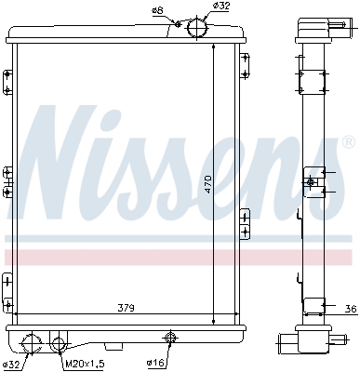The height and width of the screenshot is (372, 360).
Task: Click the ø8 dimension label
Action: (x=157, y=10)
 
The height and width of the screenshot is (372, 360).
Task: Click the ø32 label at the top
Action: (x=221, y=7)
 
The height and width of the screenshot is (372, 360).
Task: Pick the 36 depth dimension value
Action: (x=350, y=309)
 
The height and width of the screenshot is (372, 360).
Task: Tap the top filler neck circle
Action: (x=198, y=28)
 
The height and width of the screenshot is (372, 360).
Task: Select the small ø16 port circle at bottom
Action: (x=170, y=338)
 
